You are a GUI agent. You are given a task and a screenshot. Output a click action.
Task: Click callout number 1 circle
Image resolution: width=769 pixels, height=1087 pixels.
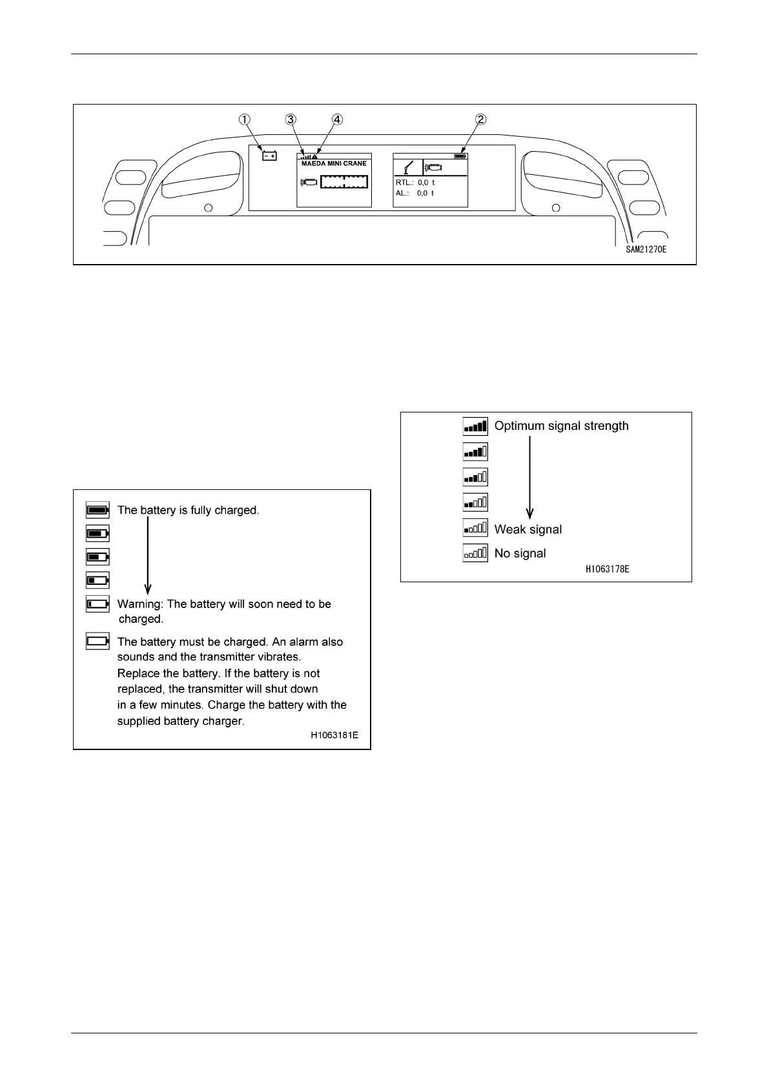pos(245,119)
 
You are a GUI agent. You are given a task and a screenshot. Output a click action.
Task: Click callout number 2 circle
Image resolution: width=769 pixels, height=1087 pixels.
pos(480,119)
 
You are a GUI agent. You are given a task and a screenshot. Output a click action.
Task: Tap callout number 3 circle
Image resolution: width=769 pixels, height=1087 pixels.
pos(291,119)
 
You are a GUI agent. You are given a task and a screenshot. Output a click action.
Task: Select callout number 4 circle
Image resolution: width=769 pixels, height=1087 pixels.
pos(337,119)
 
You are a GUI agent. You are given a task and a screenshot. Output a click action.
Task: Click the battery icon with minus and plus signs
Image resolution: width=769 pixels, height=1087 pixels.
pos(269,156)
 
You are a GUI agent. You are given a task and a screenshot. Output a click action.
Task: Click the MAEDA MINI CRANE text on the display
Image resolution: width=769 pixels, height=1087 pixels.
pos(334,164)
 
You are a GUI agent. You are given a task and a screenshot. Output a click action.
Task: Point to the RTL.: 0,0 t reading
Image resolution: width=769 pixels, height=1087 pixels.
pos(415,183)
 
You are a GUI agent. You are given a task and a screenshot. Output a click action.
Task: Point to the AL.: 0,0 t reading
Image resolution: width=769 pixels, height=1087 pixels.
pos(415,193)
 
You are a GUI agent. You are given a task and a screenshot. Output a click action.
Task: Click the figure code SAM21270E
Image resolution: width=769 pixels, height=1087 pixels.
pos(646,249)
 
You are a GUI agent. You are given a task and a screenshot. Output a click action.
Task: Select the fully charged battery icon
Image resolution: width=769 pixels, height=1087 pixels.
pos(97,510)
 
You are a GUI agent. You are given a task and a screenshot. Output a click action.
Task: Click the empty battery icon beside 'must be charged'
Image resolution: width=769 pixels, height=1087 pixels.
pos(97,642)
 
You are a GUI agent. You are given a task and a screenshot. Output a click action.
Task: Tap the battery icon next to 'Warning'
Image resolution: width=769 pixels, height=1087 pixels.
pos(97,604)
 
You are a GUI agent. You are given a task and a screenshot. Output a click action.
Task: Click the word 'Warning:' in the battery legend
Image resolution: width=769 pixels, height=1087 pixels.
pos(140,604)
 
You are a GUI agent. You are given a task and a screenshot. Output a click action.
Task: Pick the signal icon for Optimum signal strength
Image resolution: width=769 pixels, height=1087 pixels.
pos(475,426)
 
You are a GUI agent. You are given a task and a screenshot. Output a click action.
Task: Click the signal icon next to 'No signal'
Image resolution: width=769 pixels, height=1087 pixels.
pos(475,553)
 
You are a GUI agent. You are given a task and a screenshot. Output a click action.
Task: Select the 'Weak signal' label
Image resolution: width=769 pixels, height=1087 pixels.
pos(528,529)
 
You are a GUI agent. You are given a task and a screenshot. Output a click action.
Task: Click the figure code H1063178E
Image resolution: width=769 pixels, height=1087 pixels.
pos(607,569)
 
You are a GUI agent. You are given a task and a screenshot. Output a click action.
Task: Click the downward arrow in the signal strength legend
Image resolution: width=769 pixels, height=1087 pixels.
pos(530,478)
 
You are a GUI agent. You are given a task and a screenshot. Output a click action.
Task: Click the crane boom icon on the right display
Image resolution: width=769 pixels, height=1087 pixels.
pos(408,167)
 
